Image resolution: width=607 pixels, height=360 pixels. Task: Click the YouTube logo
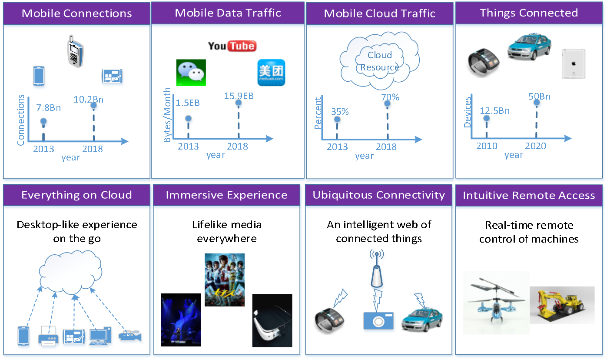point(232,46)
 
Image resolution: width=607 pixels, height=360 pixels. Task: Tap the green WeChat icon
point(191,73)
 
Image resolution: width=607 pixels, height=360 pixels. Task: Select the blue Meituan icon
point(271,72)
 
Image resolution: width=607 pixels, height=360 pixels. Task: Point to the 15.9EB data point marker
point(238,103)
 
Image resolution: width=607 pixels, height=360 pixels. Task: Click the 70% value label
point(390,97)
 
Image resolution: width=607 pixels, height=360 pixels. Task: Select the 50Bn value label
point(539,96)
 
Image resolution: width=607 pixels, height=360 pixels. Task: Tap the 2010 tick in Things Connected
point(486,146)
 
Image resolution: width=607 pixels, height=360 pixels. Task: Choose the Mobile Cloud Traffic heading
point(379,13)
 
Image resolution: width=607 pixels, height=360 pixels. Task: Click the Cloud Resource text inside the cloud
point(379,61)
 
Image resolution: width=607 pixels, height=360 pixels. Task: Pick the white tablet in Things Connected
point(573,63)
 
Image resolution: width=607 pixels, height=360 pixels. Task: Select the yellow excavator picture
point(562,304)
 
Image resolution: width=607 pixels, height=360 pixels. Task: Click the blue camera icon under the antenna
point(378,320)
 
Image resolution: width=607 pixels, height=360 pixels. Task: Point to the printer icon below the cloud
point(48,336)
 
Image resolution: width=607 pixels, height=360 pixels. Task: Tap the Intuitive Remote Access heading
point(529,196)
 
